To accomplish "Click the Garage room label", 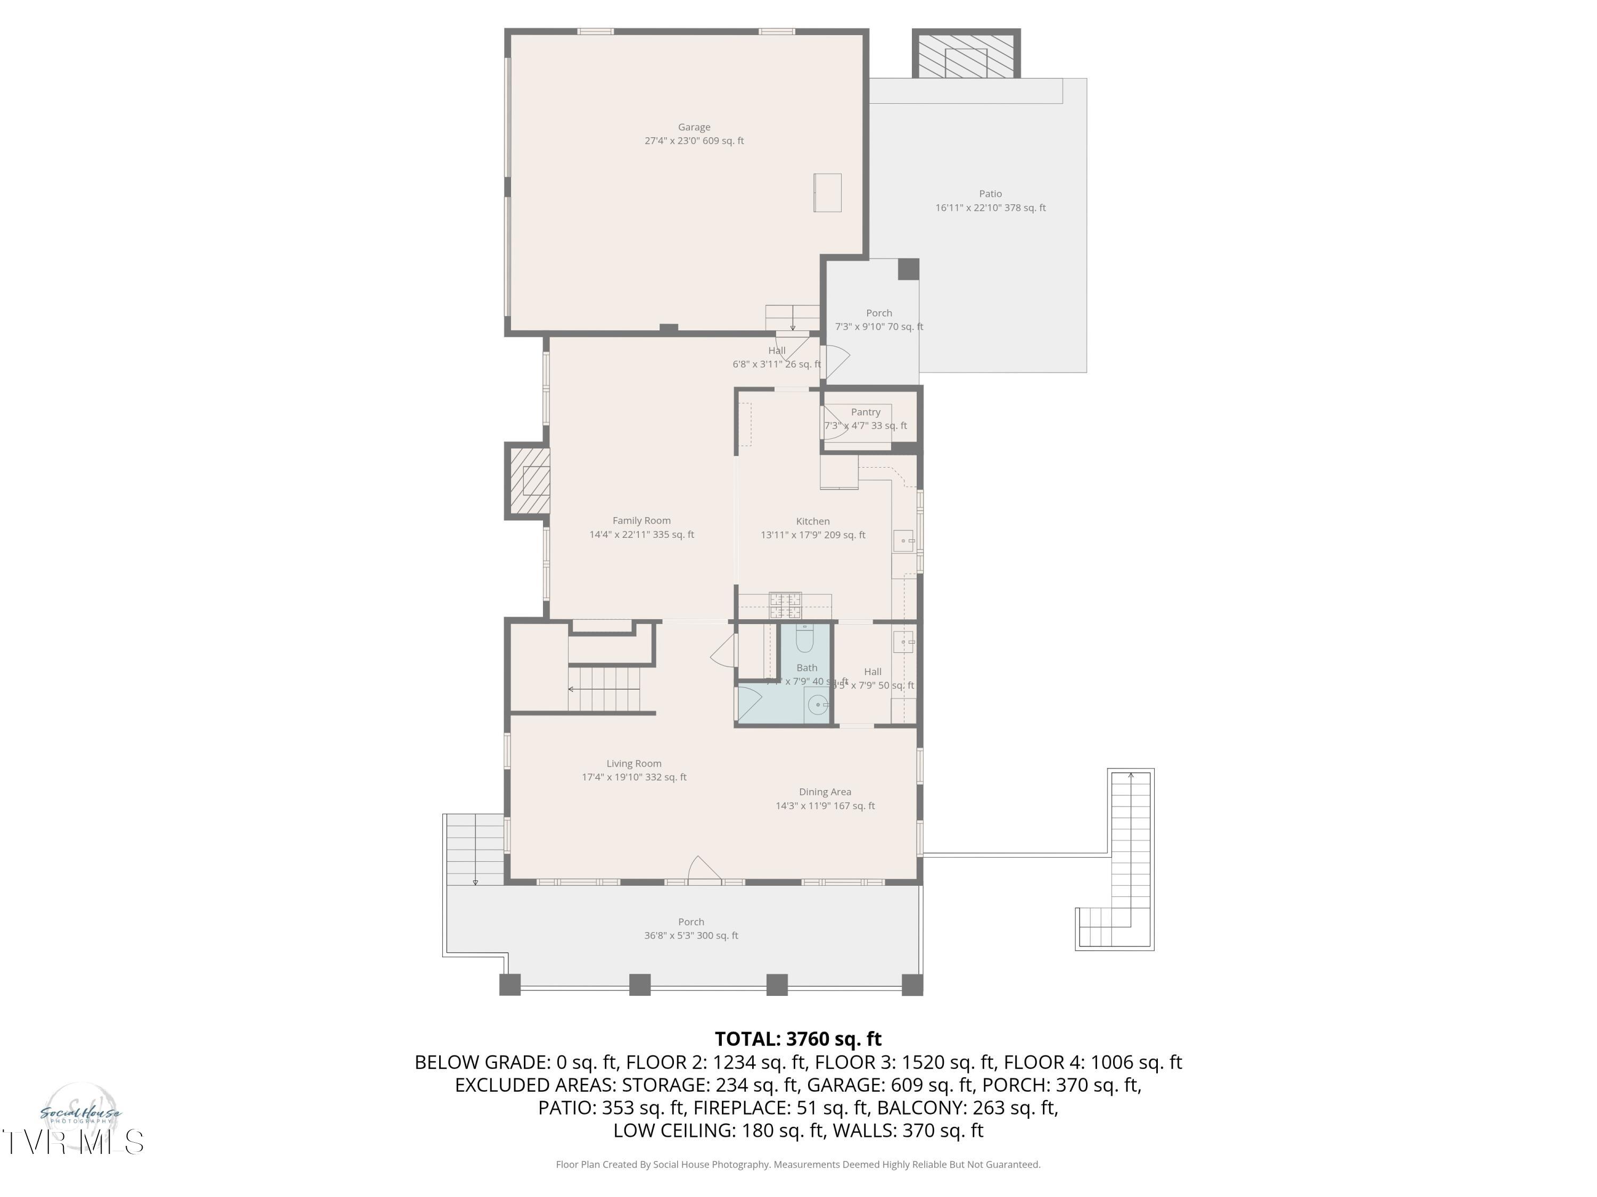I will [x=694, y=128].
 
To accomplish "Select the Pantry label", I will [x=865, y=412].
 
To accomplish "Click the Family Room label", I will [x=641, y=521].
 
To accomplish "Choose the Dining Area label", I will [x=825, y=792].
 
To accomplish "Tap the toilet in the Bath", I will [x=804, y=638].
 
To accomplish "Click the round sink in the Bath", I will [x=817, y=704].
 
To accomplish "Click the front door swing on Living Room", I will [x=703, y=869].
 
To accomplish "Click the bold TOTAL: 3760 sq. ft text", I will [x=798, y=1039].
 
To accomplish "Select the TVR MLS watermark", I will [x=72, y=1142].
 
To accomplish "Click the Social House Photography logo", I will [x=79, y=1114].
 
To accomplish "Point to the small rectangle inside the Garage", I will [x=827, y=193].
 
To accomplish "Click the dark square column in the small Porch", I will [x=908, y=269].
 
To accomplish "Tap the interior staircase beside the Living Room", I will [x=604, y=689].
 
